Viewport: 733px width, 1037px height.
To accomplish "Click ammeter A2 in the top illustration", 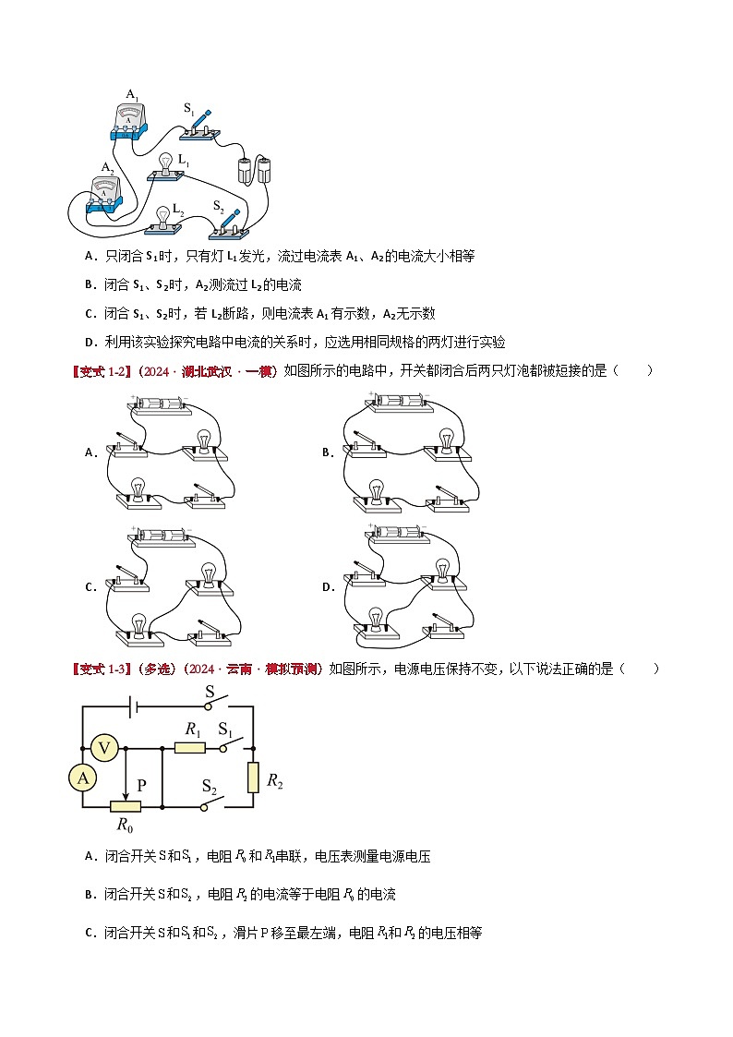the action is point(106,192).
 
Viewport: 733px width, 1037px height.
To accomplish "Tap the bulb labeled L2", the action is point(163,218).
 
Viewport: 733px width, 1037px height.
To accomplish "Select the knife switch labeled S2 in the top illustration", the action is point(232,222).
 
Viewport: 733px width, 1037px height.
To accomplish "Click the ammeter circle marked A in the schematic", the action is point(83,778).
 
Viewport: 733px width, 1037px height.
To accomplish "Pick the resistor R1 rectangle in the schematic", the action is point(189,747).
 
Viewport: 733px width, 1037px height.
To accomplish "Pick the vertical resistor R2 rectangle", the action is point(254,778).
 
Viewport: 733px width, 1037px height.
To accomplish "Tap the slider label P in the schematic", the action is point(141,785).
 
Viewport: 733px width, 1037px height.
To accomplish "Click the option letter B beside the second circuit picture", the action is point(326,452).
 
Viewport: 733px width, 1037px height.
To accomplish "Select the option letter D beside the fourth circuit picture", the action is point(326,586).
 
